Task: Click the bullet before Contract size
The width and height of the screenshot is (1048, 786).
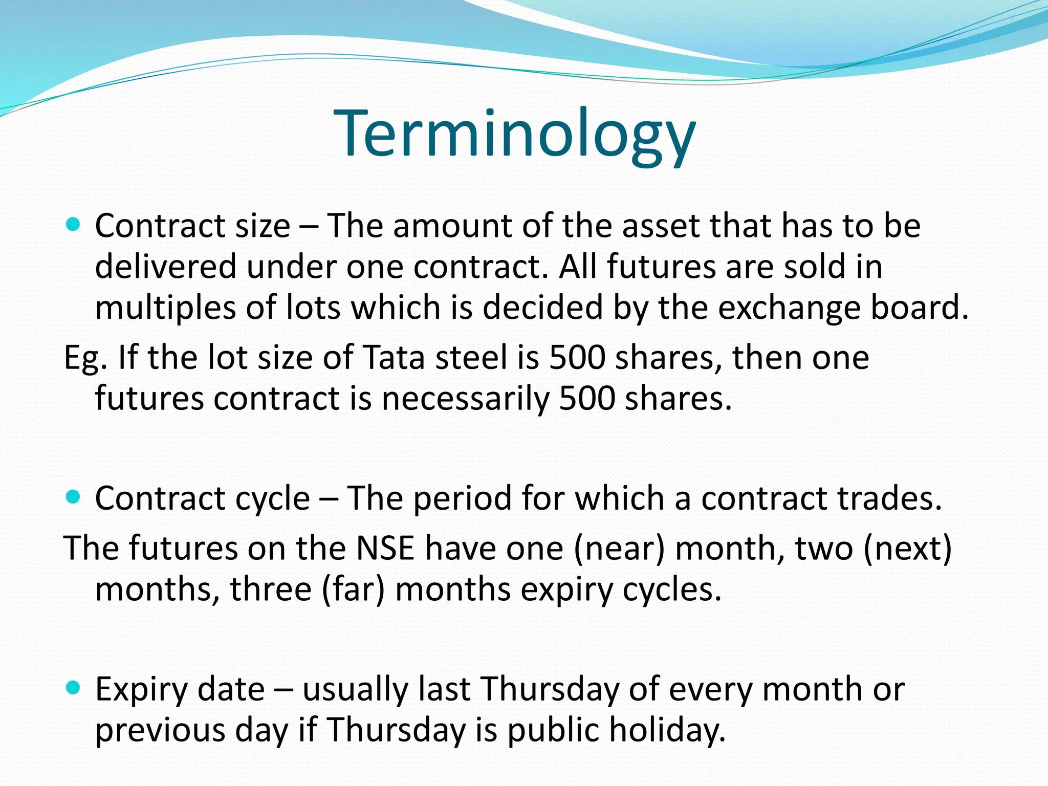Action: click(x=74, y=224)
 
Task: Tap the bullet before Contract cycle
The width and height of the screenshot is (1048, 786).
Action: click(x=74, y=496)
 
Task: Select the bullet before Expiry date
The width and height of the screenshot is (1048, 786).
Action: click(x=74, y=688)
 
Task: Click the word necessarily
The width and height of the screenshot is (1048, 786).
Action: click(x=465, y=398)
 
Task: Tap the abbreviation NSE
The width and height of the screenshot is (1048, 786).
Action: click(x=385, y=548)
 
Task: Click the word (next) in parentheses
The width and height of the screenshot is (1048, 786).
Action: click(x=908, y=548)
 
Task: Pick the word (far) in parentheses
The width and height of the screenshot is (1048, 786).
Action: click(x=353, y=589)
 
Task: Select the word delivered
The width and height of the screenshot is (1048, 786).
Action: click(x=166, y=267)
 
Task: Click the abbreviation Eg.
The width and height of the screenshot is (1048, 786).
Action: click(x=85, y=358)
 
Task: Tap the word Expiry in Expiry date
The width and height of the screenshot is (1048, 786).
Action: click(x=142, y=689)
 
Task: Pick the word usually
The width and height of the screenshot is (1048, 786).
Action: click(x=355, y=689)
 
